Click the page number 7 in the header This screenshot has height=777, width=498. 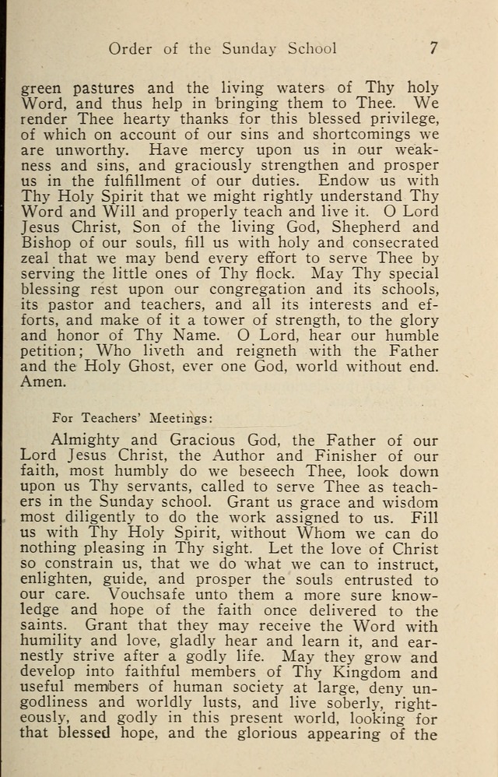pos(433,47)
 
